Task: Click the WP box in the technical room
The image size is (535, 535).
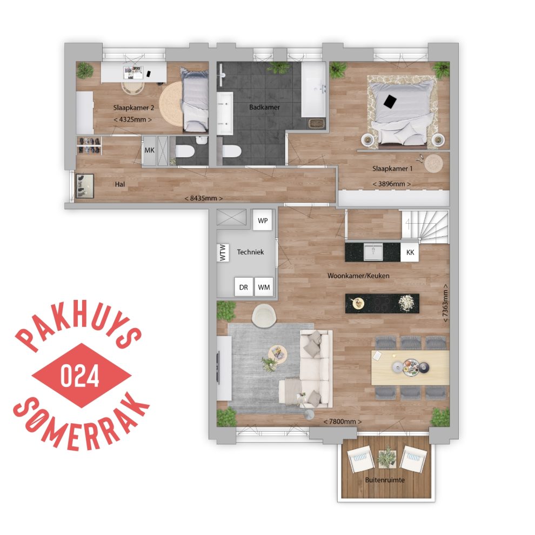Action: pos(263,220)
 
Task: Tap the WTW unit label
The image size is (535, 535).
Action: pos(223,252)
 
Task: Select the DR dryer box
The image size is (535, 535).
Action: pos(244,287)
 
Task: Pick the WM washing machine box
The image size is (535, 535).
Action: pos(264,287)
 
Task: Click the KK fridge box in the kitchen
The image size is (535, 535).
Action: pos(410,252)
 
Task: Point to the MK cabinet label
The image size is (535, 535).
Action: pos(150,150)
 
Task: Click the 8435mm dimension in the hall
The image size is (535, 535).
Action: pos(203,198)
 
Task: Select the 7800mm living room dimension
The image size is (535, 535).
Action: pos(342,422)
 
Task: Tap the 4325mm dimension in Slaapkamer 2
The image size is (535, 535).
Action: pos(132,119)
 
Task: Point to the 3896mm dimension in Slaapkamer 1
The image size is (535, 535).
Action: pos(391,184)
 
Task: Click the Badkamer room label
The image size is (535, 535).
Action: pos(264,107)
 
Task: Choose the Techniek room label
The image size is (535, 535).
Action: pos(250,252)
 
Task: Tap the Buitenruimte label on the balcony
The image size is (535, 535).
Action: pos(385,480)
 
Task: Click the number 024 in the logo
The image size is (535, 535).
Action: pos(80,376)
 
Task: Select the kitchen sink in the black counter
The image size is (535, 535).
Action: pos(373,252)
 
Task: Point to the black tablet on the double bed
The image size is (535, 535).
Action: pos(390,102)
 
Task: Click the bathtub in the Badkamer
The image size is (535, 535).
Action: pos(313,89)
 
